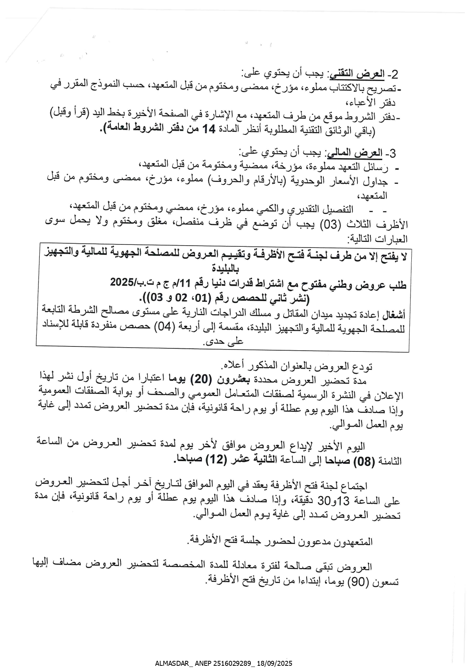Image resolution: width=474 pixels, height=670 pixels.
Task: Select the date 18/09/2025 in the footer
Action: (275, 664)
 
